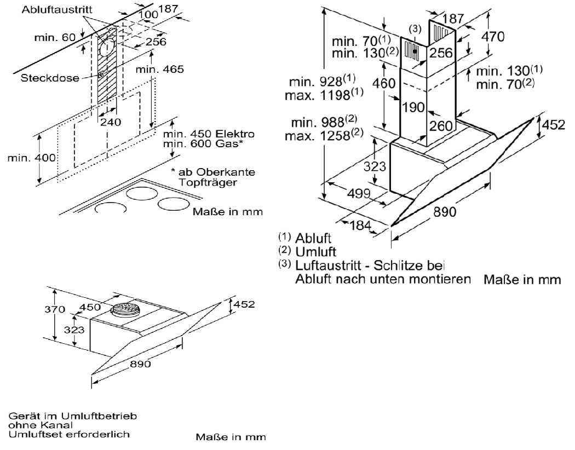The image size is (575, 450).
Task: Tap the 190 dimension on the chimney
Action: (415, 107)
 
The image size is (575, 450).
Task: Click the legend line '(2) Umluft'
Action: (307, 252)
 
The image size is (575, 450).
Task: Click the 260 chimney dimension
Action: (440, 125)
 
